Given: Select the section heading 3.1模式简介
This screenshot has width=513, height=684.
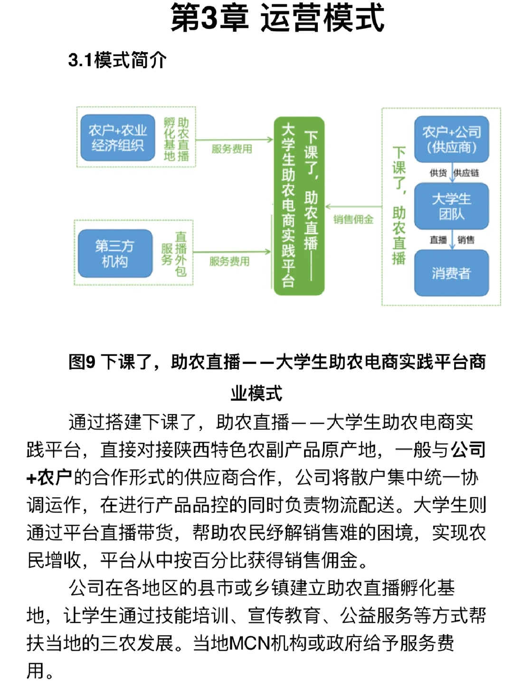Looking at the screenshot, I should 117,60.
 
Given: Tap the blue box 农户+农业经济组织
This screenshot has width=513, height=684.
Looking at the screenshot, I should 117,138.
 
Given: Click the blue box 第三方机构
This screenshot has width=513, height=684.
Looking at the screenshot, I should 114,254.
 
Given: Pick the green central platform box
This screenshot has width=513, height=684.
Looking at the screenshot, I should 299,206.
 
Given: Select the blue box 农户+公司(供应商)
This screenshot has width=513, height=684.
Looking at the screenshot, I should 451,139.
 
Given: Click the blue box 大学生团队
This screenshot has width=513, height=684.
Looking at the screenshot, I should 451,206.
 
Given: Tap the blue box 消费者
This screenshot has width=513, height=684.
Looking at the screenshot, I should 451,273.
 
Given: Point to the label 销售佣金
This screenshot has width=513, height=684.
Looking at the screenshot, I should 353,219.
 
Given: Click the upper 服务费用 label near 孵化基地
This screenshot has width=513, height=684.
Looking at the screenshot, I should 232,149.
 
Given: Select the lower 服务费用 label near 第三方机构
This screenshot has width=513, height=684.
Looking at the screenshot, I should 229,261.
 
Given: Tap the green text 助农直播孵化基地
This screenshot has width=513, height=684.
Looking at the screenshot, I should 176,139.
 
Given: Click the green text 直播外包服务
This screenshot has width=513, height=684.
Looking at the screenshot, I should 174,254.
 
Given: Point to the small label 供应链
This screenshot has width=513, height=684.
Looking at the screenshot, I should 467,173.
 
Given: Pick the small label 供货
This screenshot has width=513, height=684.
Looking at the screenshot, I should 437,173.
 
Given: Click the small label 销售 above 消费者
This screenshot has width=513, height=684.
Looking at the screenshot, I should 465,240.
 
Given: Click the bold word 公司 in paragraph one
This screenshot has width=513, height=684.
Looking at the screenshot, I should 468,449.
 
